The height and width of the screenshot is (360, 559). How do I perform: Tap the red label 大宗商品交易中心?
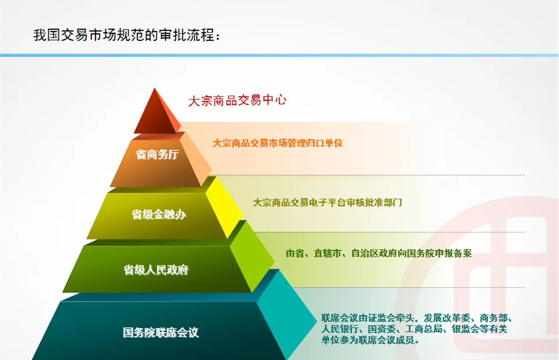237,100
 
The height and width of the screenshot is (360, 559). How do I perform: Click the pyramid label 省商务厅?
157,154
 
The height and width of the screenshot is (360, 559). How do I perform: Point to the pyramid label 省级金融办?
159,214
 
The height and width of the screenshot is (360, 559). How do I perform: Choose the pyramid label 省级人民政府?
156,270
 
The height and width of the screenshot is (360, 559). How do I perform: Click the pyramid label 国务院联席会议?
161,332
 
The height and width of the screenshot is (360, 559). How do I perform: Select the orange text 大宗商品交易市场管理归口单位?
278,143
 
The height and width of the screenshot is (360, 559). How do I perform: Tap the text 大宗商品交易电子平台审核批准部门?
327,203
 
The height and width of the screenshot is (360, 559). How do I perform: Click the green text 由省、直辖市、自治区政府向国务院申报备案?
378,253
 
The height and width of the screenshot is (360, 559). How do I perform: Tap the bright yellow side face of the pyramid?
224,206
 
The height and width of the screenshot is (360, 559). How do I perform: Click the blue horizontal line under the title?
279,55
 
